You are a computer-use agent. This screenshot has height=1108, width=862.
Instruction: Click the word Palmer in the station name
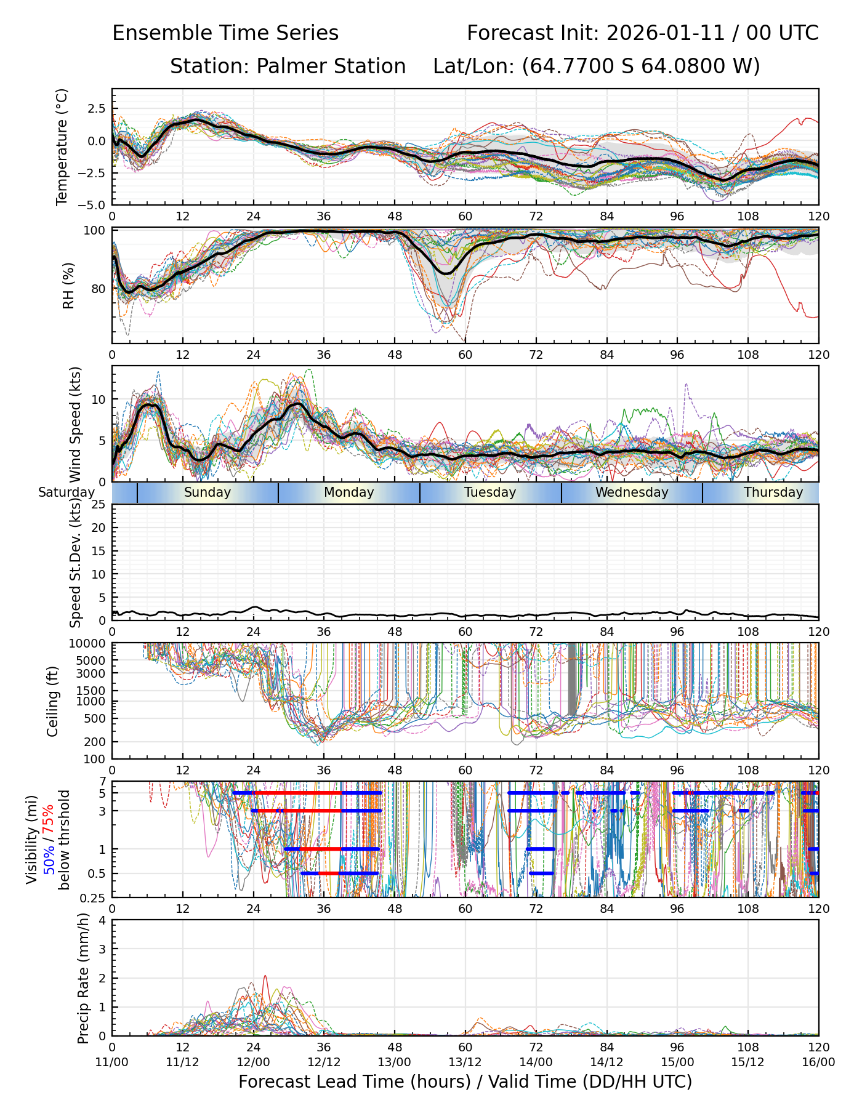pyautogui.click(x=284, y=66)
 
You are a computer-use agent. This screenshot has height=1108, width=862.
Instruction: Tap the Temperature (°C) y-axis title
pyautogui.click(x=62, y=147)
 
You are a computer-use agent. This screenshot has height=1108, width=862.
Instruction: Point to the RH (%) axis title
pyautogui.click(x=68, y=285)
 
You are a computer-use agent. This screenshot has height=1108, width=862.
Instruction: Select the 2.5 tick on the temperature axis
pyautogui.click(x=96, y=109)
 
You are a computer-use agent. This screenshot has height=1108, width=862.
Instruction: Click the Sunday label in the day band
pyautogui.click(x=207, y=492)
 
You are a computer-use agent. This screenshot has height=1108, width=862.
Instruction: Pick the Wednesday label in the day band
pyautogui.click(x=632, y=492)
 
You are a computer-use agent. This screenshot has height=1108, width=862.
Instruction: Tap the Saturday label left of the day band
pyautogui.click(x=66, y=492)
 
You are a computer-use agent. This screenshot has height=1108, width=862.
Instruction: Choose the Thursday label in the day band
pyautogui.click(x=773, y=492)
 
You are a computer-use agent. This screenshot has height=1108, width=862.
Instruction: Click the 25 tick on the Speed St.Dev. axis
pyautogui.click(x=99, y=505)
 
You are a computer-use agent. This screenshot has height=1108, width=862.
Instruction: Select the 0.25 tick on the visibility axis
pyautogui.click(x=94, y=897)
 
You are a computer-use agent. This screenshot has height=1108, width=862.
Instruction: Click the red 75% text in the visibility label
pyautogui.click(x=49, y=819)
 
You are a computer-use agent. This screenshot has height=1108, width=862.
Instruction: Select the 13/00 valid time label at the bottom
pyautogui.click(x=395, y=1062)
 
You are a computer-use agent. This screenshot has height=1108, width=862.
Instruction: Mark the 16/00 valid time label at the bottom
pyautogui.click(x=818, y=1062)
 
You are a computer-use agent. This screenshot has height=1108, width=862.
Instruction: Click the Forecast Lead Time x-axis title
pyautogui.click(x=465, y=1082)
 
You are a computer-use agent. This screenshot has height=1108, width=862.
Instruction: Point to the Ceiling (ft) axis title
pyautogui.click(x=53, y=701)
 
